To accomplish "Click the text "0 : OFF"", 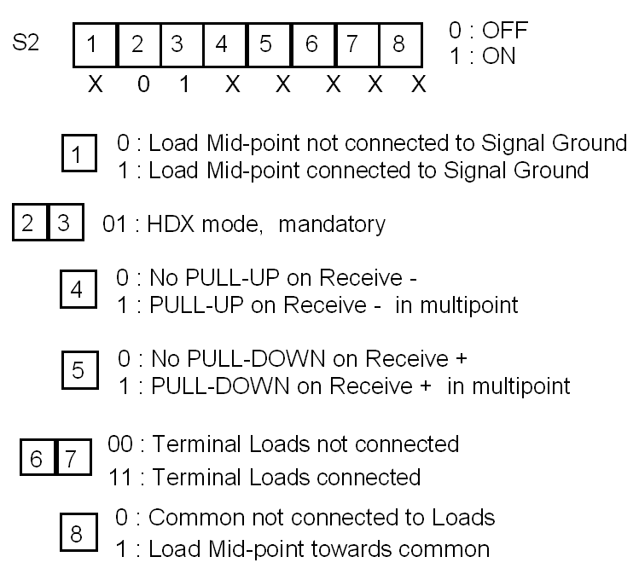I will tap(488, 32).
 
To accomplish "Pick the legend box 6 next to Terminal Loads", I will tap(37, 461).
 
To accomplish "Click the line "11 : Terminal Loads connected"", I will tap(264, 476).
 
